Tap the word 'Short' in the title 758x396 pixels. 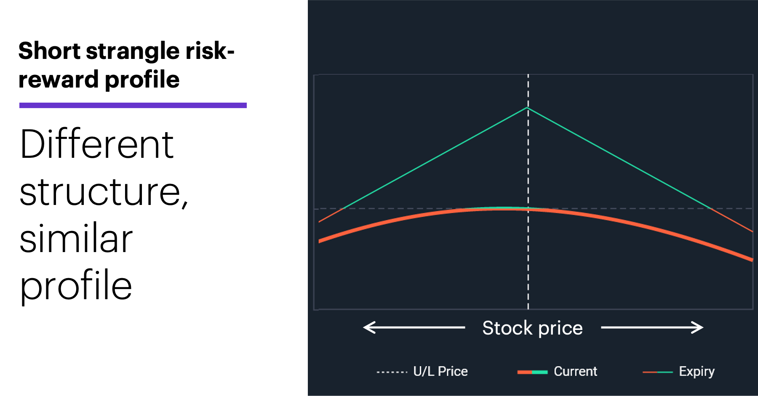49,50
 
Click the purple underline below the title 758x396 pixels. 133,105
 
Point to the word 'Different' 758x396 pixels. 97,144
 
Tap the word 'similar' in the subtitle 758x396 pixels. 76,238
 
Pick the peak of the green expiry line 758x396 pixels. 527,108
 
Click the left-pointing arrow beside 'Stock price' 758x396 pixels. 414,327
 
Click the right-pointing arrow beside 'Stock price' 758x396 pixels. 652,327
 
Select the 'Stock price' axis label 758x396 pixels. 533,328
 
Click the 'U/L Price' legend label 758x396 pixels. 440,371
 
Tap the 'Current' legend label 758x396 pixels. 575,371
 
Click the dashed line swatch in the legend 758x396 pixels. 392,372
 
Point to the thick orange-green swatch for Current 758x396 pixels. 532,372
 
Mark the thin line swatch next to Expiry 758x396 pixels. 657,372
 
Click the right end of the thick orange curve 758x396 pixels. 753,260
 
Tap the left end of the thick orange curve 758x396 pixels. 319,241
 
